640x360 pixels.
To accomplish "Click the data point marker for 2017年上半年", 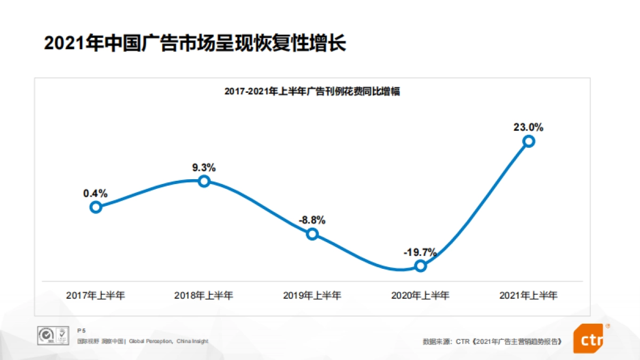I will (95, 207).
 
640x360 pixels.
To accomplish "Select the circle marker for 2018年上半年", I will (204, 181).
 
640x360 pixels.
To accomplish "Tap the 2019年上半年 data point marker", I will (313, 234).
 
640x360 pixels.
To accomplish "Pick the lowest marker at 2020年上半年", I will (420, 266).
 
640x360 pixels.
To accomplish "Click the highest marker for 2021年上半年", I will (529, 141).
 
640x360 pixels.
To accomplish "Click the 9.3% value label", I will (204, 167).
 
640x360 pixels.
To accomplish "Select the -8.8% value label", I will (312, 220).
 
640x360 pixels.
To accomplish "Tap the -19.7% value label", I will (420, 252).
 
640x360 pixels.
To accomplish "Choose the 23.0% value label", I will (528, 127).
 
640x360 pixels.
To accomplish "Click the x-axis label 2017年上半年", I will (95, 295).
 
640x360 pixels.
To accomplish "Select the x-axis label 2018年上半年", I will (204, 295).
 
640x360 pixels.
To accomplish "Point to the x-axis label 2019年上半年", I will (312, 295).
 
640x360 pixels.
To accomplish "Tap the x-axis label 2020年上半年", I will (420, 295).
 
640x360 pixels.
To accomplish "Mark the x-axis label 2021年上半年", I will (528, 295).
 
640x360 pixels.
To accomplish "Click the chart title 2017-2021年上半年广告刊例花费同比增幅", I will (312, 92).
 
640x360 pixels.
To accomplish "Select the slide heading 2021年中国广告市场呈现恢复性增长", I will (195, 43).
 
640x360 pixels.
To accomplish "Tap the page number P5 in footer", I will (81, 331).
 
